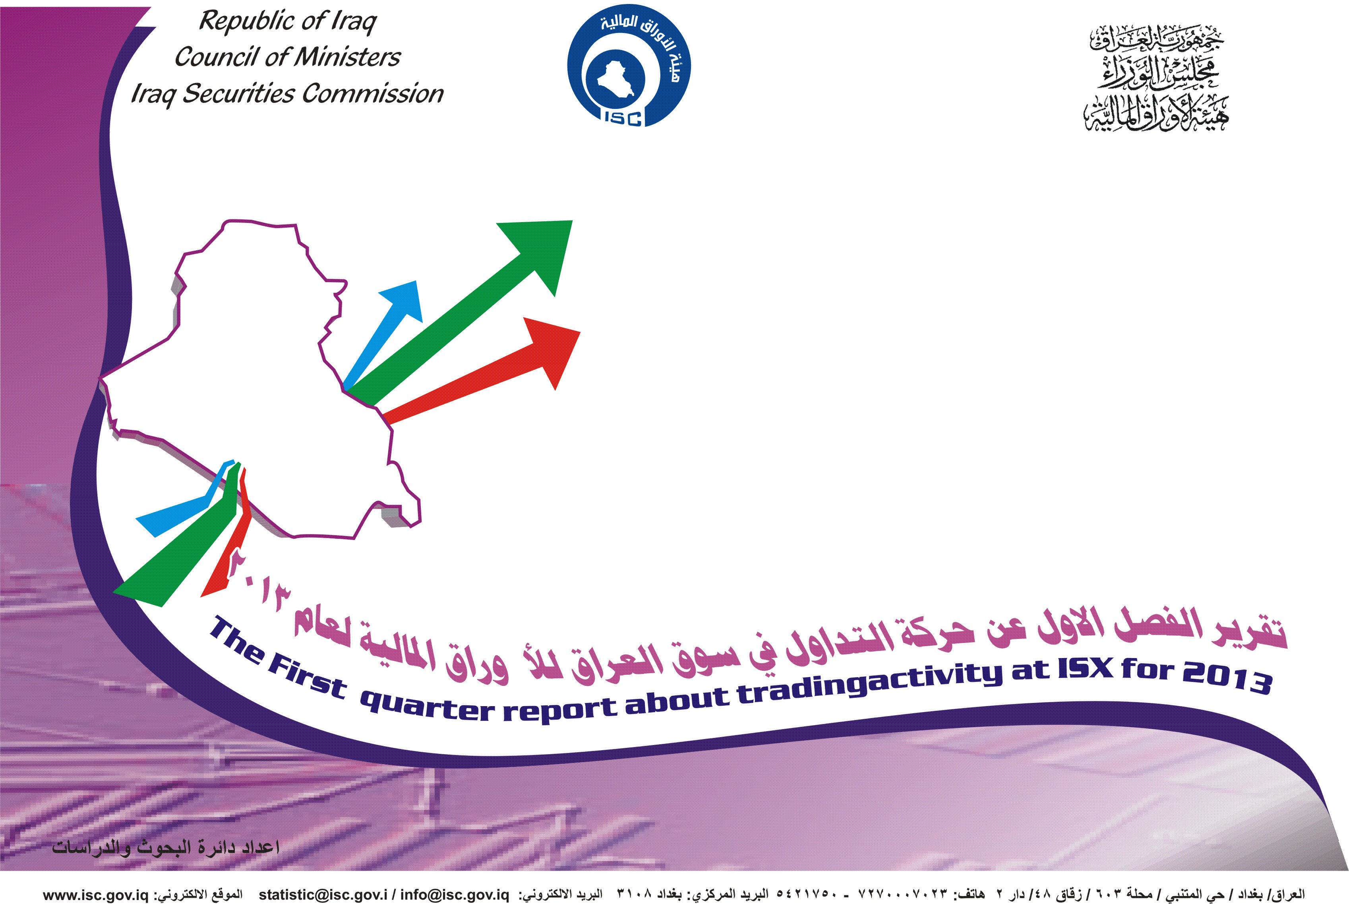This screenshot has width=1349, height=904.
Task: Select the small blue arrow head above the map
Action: coord(404,300)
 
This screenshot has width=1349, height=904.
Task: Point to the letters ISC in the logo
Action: coord(623,118)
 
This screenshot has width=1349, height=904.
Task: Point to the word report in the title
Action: coord(560,710)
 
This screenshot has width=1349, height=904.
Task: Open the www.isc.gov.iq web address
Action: coord(96,895)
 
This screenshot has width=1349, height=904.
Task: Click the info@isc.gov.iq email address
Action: coord(455,895)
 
